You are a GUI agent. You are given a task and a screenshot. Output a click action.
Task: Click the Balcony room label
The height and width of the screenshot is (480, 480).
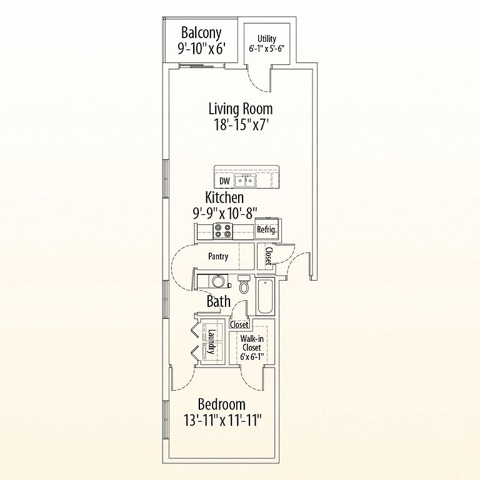201,33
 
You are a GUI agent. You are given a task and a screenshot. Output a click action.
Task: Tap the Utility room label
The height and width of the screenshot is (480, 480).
267,39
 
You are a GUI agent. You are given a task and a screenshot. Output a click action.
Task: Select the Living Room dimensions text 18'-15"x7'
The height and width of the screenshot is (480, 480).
240,124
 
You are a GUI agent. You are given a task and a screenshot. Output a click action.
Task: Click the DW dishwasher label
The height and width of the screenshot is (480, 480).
224,181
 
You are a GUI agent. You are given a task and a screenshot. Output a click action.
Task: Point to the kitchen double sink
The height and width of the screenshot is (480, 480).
245,181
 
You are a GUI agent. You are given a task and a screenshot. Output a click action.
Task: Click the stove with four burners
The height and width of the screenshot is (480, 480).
223,231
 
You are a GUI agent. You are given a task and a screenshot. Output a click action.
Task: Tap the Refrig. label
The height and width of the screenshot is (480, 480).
267,230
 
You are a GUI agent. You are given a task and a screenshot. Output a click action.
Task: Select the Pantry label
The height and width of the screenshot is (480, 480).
218,256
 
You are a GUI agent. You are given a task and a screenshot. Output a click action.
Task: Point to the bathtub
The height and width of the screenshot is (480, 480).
265,296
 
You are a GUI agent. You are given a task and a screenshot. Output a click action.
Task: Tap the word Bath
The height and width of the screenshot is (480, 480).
218,301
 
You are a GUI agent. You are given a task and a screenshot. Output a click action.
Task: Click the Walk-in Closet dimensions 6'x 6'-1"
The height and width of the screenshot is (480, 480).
252,357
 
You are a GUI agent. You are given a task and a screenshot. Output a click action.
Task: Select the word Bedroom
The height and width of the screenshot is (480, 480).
222,404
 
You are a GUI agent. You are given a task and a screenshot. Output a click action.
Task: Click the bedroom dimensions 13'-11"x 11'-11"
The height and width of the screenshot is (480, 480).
222,420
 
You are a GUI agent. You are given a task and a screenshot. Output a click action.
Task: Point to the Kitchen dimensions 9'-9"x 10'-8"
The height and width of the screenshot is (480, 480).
224,213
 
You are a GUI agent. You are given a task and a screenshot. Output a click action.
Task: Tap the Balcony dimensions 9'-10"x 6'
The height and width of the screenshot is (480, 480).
202,48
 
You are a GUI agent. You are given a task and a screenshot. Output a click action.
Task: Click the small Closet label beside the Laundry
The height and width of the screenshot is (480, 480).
239,324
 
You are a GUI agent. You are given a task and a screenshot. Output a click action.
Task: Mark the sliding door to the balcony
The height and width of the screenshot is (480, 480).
196,66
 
